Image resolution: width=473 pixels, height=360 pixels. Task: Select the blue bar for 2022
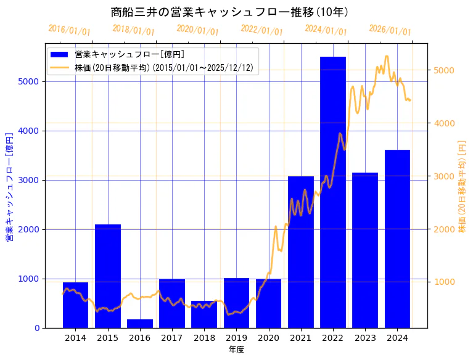(333, 192)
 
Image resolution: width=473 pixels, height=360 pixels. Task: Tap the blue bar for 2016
(140, 324)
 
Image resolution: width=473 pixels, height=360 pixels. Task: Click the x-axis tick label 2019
(236, 338)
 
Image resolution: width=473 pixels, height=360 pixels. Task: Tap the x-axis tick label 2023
(365, 338)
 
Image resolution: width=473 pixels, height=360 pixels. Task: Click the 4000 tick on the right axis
(445, 123)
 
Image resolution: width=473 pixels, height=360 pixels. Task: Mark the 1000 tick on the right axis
(445, 282)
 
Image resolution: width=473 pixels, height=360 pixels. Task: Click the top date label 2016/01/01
(69, 31)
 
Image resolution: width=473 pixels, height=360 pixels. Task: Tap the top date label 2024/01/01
(326, 31)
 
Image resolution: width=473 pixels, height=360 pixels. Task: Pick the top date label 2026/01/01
(390, 31)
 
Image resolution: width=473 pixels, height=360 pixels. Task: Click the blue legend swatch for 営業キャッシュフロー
(59, 55)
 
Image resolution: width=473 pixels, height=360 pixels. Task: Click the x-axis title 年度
(236, 350)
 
